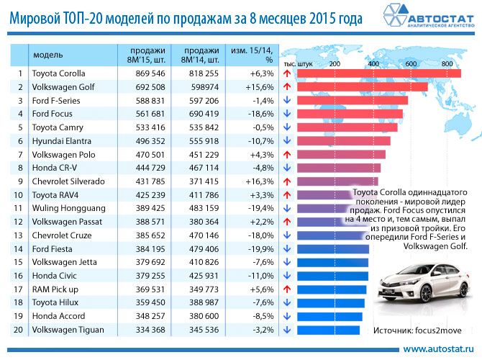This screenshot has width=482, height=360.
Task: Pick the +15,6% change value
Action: click(x=258, y=87)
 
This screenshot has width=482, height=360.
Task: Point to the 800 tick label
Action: click(x=447, y=64)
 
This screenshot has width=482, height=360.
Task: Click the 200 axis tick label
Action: click(x=334, y=64)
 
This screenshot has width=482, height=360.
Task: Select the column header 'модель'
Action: click(x=48, y=55)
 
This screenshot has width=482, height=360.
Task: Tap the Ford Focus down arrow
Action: click(x=286, y=114)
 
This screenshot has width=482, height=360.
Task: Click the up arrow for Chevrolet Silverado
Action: click(x=286, y=181)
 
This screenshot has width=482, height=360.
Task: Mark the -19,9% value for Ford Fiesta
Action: click(x=258, y=249)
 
